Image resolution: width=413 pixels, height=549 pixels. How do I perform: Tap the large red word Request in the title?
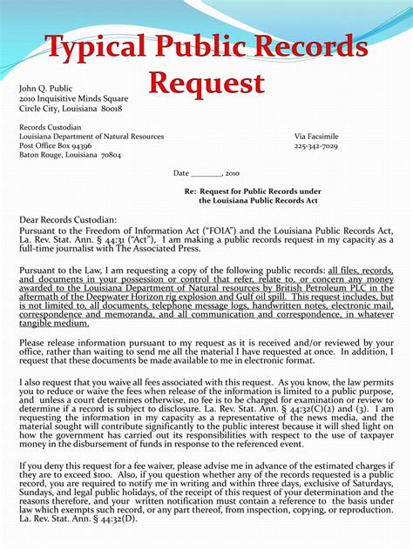(206, 84)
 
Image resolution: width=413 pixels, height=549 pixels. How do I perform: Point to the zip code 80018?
(112, 109)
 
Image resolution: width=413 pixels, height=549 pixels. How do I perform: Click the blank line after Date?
(206, 174)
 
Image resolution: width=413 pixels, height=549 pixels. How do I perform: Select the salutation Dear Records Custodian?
(67, 219)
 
